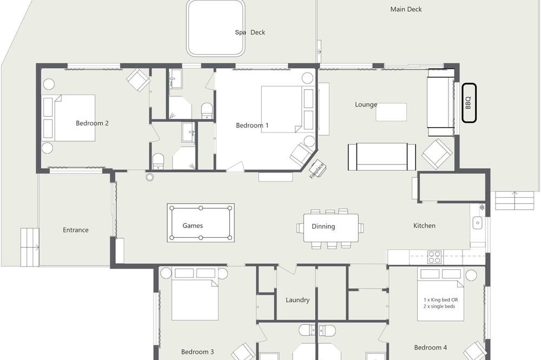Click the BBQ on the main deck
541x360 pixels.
pyautogui.click(x=469, y=103)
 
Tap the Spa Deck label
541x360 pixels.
pyautogui.click(x=250, y=32)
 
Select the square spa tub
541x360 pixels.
pyautogui.click(x=215, y=28)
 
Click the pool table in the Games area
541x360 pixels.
pyautogui.click(x=201, y=223)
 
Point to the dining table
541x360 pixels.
pyautogui.click(x=331, y=228)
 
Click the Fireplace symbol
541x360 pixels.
pyautogui.click(x=317, y=169)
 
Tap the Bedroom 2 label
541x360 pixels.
pyautogui.click(x=92, y=123)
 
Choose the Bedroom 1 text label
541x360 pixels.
pyautogui.click(x=252, y=125)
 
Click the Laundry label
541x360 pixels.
pyautogui.click(x=298, y=300)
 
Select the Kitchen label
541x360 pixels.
pyautogui.click(x=424, y=225)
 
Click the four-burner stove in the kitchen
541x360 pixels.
pyautogui.click(x=434, y=257)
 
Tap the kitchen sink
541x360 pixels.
pyautogui.click(x=478, y=223)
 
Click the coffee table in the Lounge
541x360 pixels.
pyautogui.click(x=391, y=112)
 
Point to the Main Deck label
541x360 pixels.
pyautogui.click(x=406, y=9)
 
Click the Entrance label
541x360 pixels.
pyautogui.click(x=76, y=230)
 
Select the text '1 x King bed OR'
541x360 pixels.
pyautogui.click(x=441, y=300)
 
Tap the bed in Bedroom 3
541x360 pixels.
pyautogui.click(x=195, y=294)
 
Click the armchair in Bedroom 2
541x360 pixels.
pyautogui.click(x=138, y=80)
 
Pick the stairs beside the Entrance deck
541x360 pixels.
pyautogui.click(x=30, y=247)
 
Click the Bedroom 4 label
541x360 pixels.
pyautogui.click(x=431, y=348)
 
